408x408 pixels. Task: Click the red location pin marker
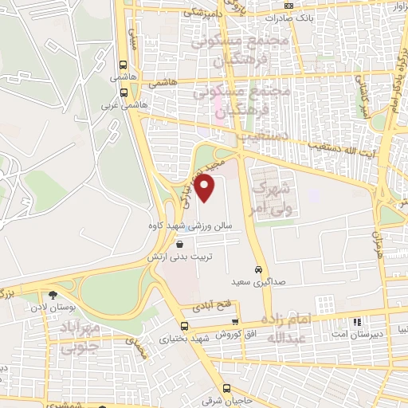tap(206, 189)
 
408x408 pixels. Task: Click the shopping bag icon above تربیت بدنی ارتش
tap(178, 245)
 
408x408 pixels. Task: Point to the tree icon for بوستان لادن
tap(53, 295)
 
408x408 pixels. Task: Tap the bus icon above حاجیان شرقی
tap(227, 388)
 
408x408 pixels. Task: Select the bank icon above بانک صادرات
tap(289, 6)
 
